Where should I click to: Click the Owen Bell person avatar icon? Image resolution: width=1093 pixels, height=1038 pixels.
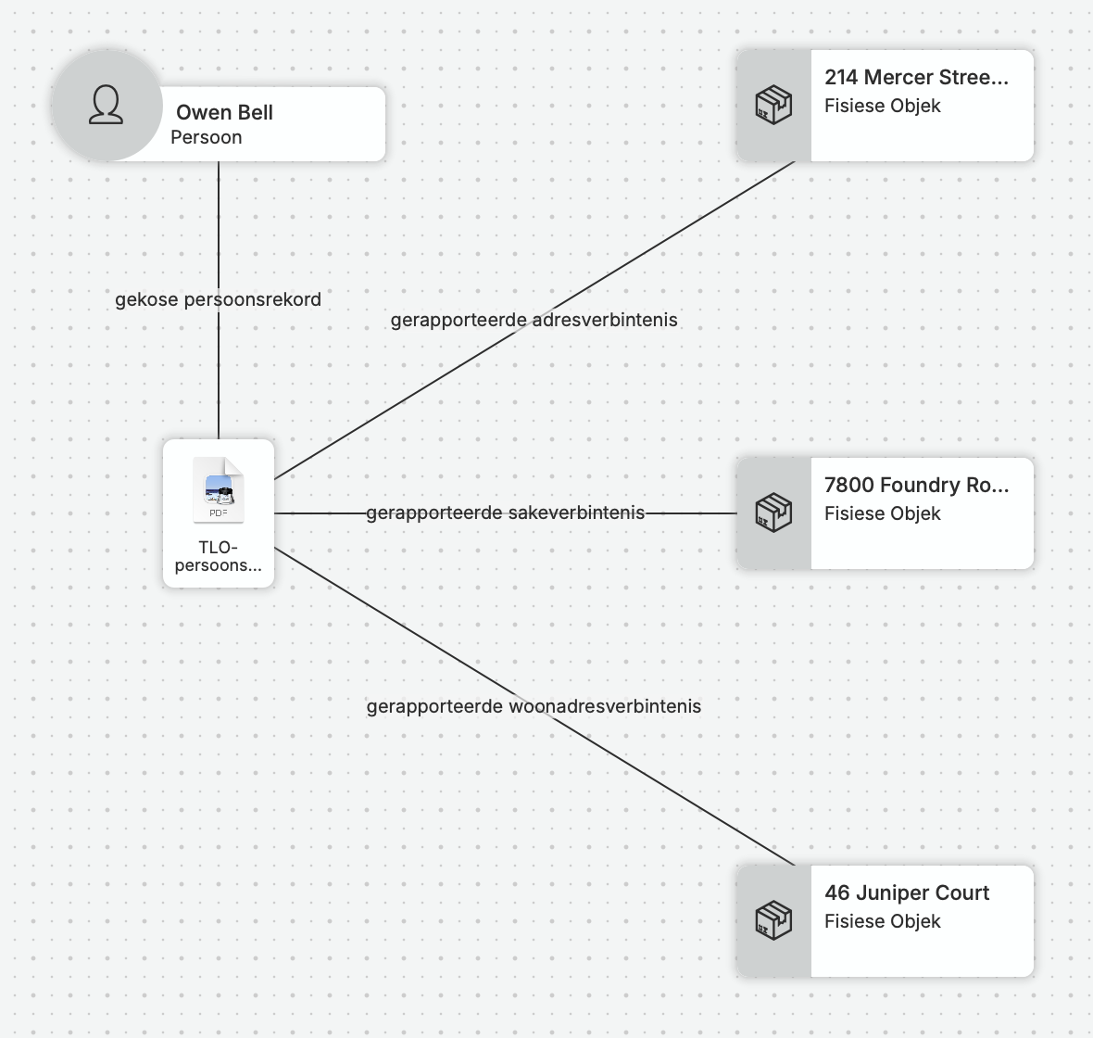click(106, 106)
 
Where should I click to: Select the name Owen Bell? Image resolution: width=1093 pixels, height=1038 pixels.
click(224, 112)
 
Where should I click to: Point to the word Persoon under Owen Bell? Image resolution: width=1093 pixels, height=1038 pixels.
click(207, 137)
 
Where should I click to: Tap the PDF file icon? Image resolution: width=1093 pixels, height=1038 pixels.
click(219, 489)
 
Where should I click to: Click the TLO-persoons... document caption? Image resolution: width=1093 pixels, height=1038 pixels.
click(219, 556)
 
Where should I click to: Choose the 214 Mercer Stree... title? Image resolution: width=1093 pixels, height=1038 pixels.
click(917, 78)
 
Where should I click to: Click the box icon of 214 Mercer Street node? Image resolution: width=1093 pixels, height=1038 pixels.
click(773, 106)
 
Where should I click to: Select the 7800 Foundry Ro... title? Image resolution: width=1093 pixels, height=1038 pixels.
click(917, 485)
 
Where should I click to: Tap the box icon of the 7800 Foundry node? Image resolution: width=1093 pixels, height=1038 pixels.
click(773, 513)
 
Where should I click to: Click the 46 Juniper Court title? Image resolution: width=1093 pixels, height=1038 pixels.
click(907, 892)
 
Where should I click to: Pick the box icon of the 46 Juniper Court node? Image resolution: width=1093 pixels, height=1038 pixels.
click(773, 921)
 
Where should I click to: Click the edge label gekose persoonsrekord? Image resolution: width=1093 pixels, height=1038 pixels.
click(219, 300)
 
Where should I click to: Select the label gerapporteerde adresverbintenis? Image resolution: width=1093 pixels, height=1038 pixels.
click(534, 320)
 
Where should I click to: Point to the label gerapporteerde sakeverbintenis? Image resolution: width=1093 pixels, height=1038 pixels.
click(506, 513)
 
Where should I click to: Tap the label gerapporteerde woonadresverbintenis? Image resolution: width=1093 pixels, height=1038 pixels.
click(534, 706)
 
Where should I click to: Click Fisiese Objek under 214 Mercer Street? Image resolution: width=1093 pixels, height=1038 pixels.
click(883, 106)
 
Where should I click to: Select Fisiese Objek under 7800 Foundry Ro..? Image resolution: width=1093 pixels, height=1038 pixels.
click(883, 514)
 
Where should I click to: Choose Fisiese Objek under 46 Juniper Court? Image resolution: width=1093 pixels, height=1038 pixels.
click(883, 921)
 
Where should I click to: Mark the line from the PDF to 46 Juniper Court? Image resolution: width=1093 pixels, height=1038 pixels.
click(534, 706)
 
